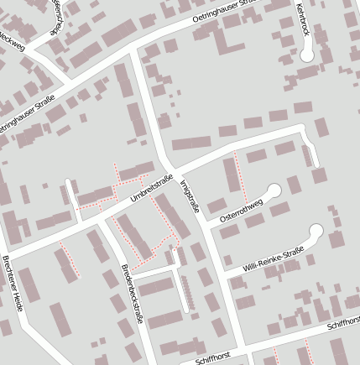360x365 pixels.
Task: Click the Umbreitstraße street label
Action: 152,189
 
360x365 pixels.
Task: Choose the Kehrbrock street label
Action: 303,18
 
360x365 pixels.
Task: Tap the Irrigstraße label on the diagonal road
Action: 189,194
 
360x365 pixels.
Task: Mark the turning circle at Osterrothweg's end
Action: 274,190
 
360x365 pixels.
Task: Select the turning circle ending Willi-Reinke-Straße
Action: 316,231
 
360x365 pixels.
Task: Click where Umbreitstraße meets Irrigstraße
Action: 170,166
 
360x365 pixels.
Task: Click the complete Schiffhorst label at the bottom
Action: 211,359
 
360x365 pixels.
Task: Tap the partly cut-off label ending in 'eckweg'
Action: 12,39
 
